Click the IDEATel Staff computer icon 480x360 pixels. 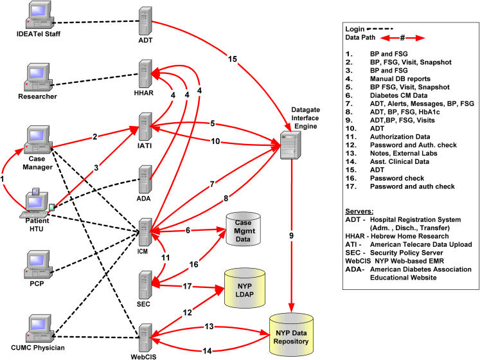(x=39, y=15)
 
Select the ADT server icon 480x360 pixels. (x=145, y=21)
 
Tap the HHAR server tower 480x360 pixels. (x=145, y=73)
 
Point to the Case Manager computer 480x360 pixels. (x=39, y=139)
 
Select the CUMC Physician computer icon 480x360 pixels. (x=39, y=328)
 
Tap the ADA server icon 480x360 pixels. (x=145, y=179)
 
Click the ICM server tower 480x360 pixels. (x=145, y=232)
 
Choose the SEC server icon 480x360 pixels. (x=145, y=285)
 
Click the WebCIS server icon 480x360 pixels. (x=145, y=338)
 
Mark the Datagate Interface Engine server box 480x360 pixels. (x=290, y=145)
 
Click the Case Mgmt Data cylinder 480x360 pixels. (x=244, y=229)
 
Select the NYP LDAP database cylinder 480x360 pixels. (x=245, y=288)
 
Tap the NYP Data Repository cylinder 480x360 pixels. (x=291, y=335)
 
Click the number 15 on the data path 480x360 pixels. (x=233, y=59)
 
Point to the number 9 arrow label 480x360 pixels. (x=292, y=236)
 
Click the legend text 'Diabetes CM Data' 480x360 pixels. (x=398, y=95)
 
